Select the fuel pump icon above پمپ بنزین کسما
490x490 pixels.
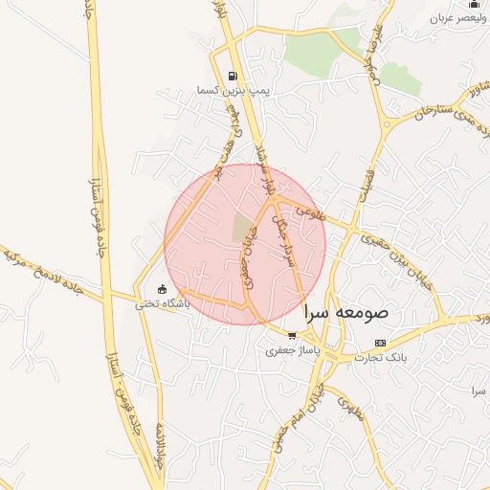pyautogui.click(x=233, y=76)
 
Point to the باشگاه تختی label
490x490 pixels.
pyautogui.click(x=162, y=303)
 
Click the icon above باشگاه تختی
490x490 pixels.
pyautogui.click(x=162, y=289)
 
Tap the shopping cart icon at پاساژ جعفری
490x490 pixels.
pyautogui.click(x=292, y=336)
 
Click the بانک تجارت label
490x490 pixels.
pyautogui.click(x=381, y=357)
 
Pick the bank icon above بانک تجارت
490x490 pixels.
pyautogui.click(x=381, y=343)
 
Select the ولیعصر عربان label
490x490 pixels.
pyautogui.click(x=455, y=18)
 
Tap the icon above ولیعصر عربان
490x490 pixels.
pyautogui.click(x=475, y=5)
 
